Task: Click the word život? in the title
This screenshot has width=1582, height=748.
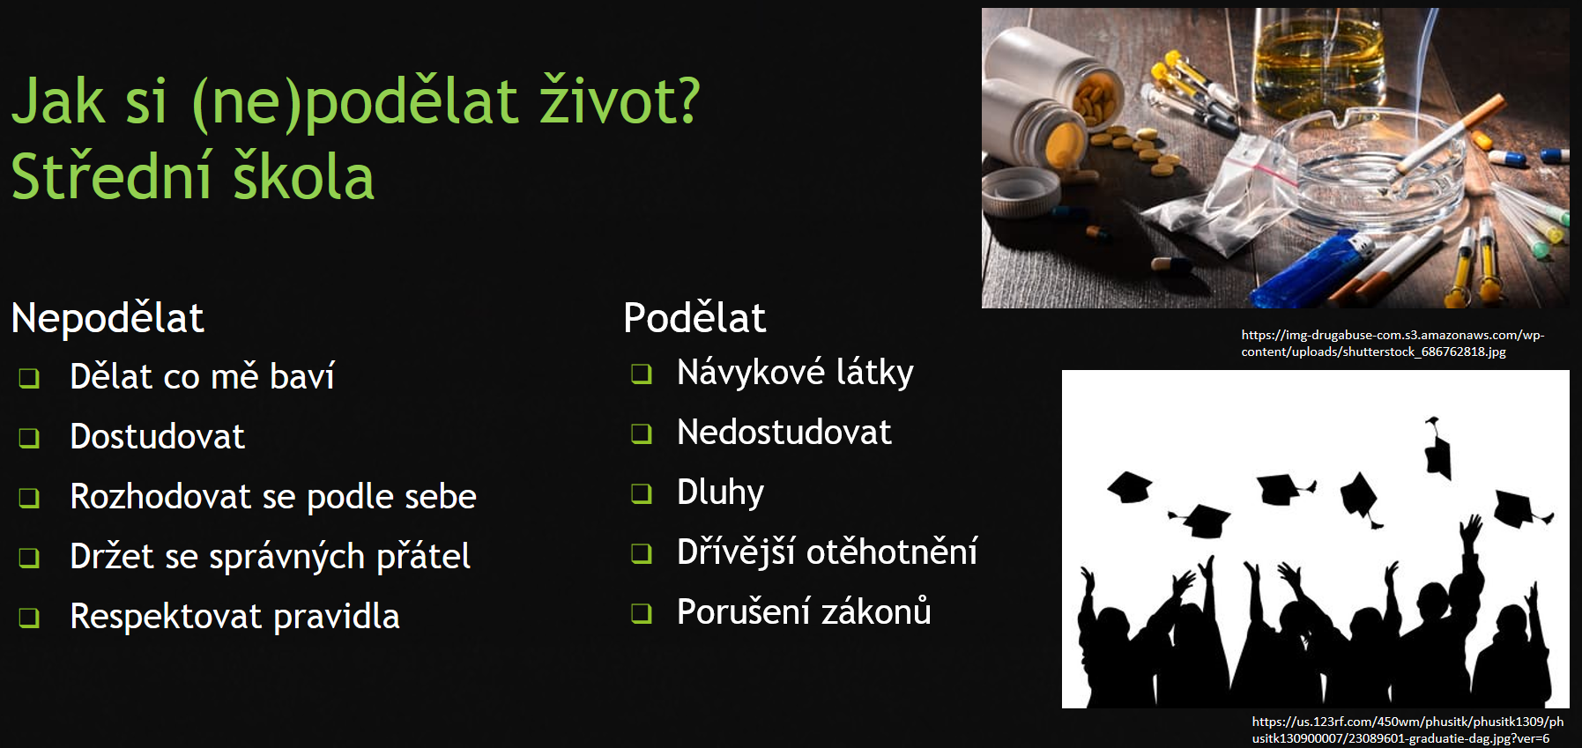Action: [x=620, y=100]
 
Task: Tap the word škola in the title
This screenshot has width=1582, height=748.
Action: [x=304, y=176]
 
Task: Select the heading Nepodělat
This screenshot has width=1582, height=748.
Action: [x=108, y=317]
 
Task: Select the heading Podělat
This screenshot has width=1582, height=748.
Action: [x=694, y=317]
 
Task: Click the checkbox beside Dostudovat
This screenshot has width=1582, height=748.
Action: [x=30, y=438]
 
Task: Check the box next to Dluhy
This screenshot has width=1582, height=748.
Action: [x=642, y=493]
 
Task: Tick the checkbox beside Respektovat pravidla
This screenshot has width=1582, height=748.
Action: [x=30, y=618]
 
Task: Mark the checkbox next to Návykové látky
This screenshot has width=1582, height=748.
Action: [x=642, y=374]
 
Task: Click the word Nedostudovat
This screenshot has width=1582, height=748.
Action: [x=784, y=432]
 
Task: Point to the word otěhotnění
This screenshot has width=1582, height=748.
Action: [x=892, y=552]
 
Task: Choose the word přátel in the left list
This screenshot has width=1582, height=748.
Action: [x=424, y=557]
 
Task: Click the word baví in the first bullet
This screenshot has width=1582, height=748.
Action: [x=302, y=376]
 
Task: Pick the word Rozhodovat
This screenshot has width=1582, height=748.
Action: [x=160, y=496]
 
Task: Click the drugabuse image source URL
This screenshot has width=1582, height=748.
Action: [x=1393, y=344]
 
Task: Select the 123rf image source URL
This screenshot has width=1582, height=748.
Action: [x=1407, y=729]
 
